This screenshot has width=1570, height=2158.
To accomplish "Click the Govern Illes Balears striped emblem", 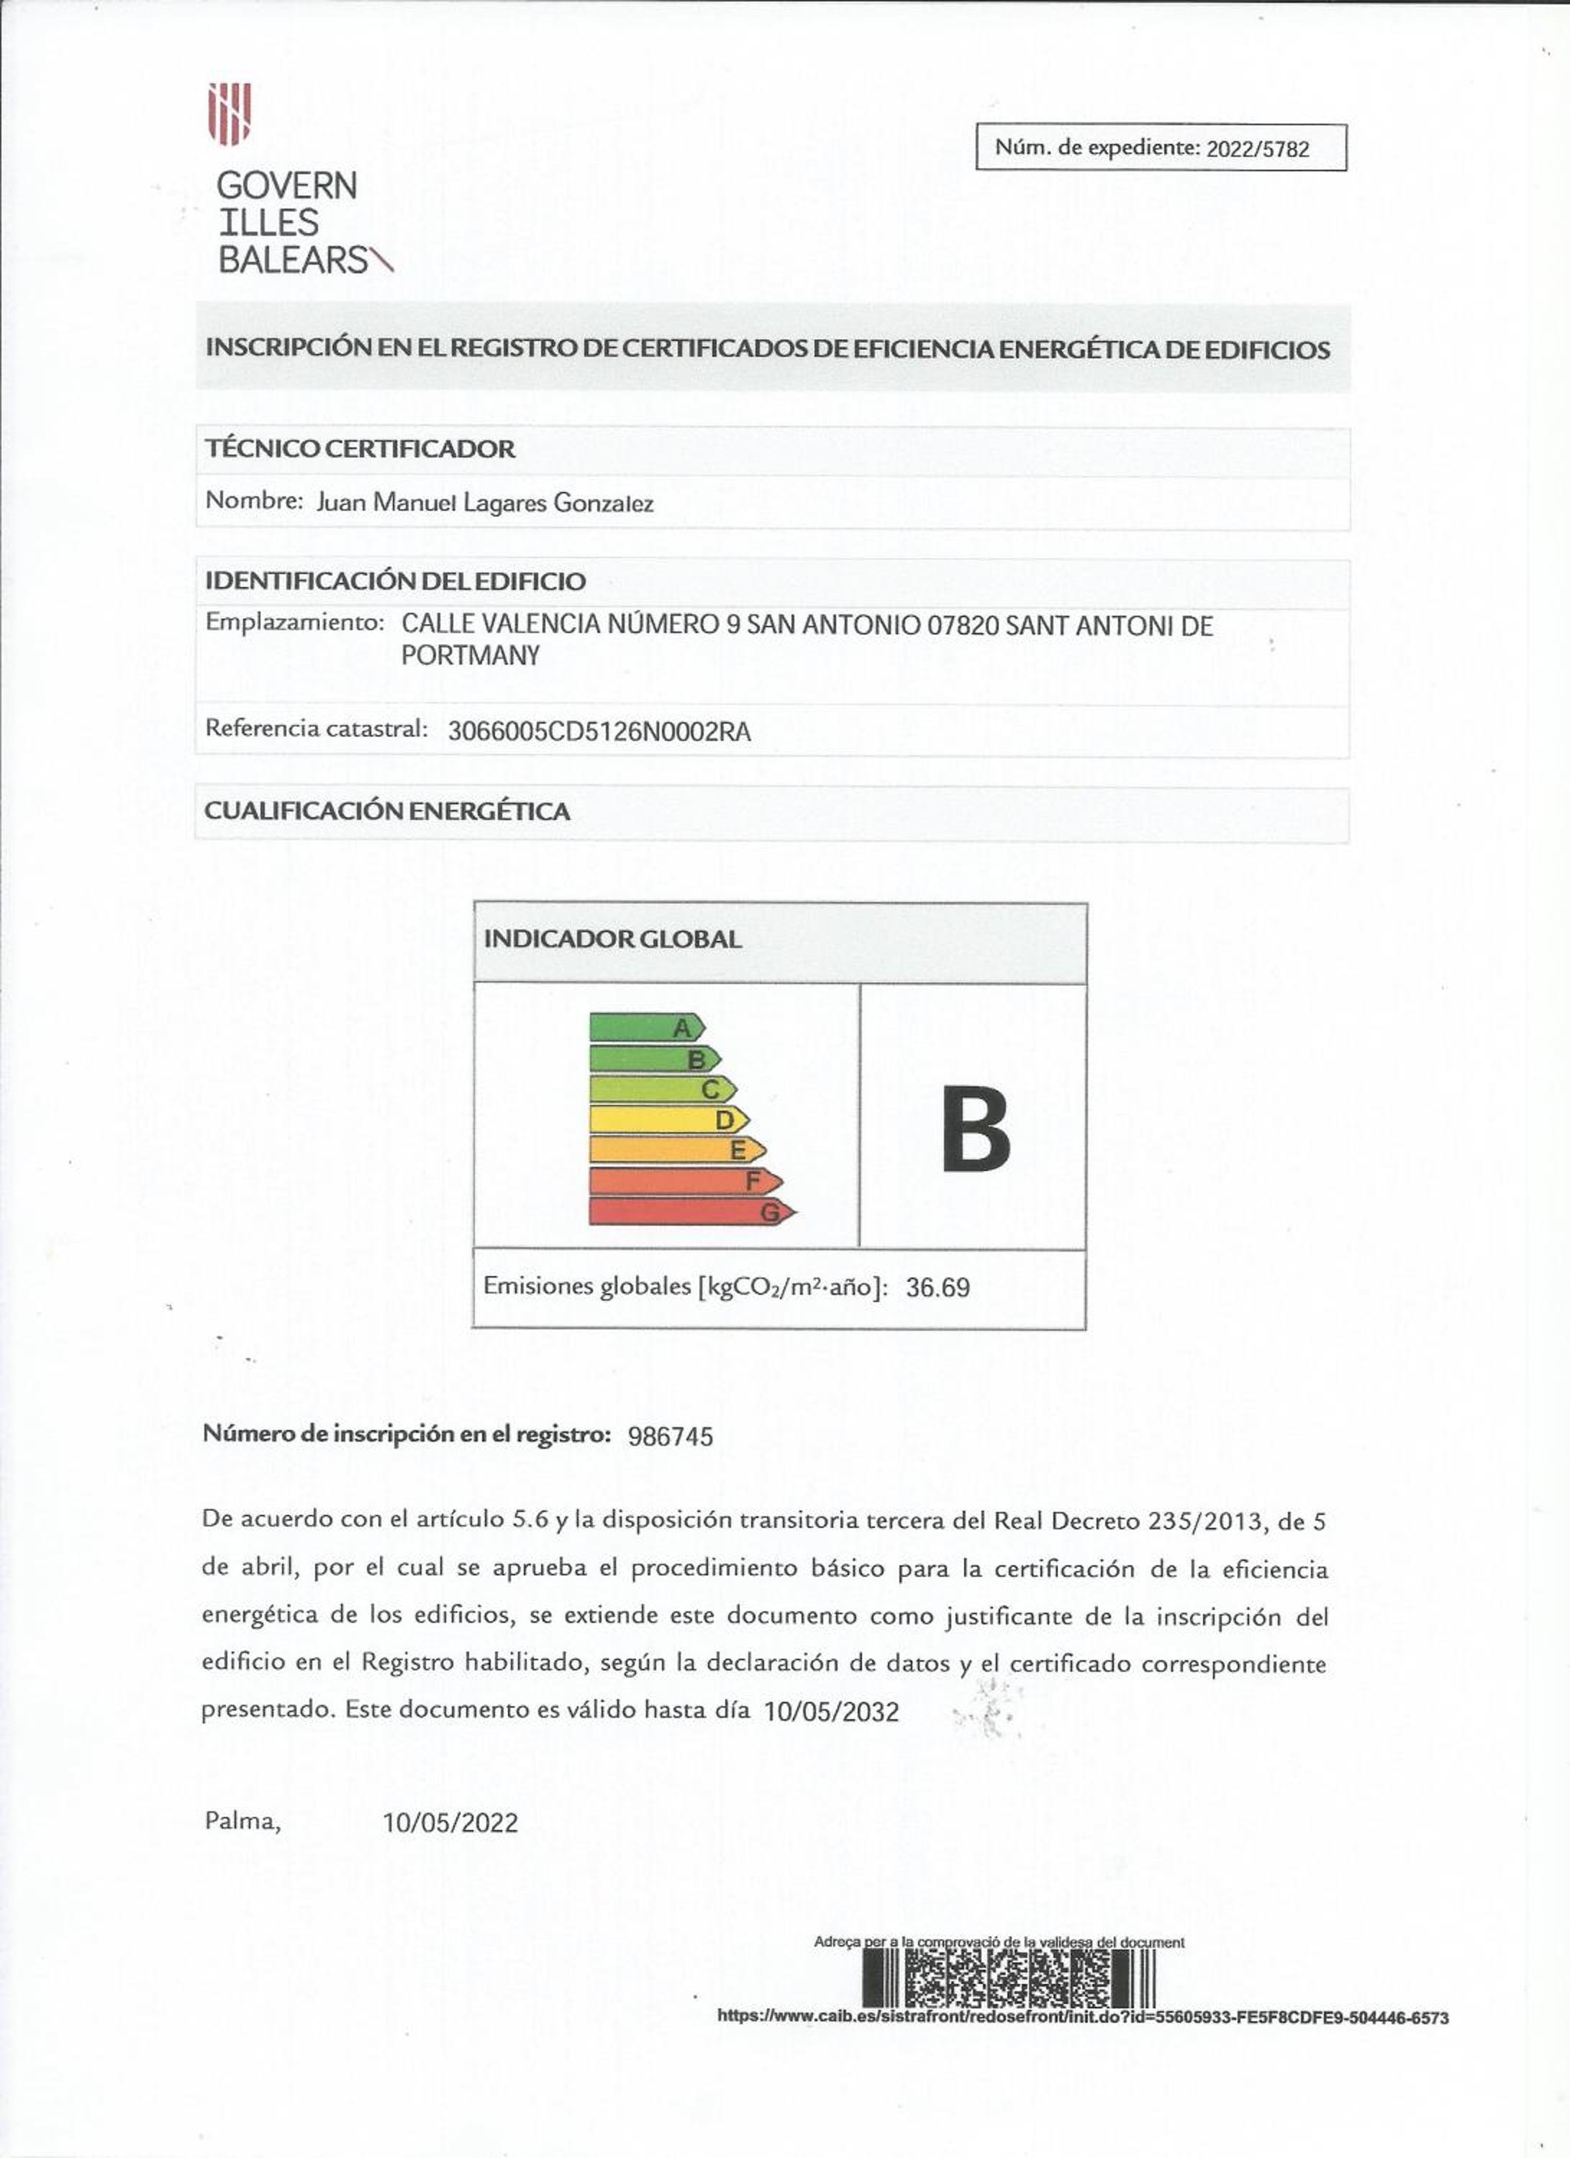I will pyautogui.click(x=230, y=114).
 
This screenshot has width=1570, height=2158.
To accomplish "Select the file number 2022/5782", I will pyautogui.click(x=1257, y=148).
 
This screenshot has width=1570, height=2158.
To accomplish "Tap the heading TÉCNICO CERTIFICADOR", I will pyautogui.click(x=360, y=448).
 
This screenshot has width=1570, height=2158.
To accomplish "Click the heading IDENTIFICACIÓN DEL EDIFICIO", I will pyautogui.click(x=395, y=581).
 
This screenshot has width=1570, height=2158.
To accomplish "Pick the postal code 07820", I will pyautogui.click(x=962, y=626).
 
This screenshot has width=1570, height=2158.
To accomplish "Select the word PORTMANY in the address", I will pyautogui.click(x=470, y=655).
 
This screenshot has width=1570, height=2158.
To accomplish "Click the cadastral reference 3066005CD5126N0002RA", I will pyautogui.click(x=599, y=732).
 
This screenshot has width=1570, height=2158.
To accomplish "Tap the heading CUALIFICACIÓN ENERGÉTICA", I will pyautogui.click(x=386, y=811).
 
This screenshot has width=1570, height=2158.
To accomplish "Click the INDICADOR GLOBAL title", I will pyautogui.click(x=612, y=939).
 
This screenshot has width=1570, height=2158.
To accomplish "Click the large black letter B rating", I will pyautogui.click(x=974, y=1129).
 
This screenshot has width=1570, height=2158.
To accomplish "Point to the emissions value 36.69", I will pyautogui.click(x=938, y=1288).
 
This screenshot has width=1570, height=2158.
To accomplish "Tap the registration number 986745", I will pyautogui.click(x=670, y=1437).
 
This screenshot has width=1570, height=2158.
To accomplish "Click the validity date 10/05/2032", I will pyautogui.click(x=830, y=1713).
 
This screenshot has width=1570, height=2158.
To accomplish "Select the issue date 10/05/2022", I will pyautogui.click(x=450, y=1823).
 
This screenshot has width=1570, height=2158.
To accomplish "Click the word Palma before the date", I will pyautogui.click(x=242, y=1821).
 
